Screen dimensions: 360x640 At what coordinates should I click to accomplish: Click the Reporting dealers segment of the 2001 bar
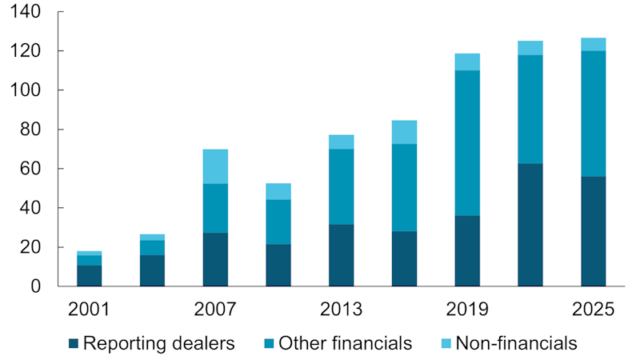(89, 275)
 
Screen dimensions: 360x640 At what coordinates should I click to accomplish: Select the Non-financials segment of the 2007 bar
(215, 166)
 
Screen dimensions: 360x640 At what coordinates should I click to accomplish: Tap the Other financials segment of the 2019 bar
(467, 143)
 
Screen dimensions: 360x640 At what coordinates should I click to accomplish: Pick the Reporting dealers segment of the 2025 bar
(593, 231)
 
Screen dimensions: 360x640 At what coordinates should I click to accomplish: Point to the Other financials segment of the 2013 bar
(341, 186)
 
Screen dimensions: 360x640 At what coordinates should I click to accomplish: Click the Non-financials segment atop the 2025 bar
(593, 44)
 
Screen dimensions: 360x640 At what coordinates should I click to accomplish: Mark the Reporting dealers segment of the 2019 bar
(467, 250)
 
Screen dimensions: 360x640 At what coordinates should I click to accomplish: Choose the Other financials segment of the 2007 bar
(215, 208)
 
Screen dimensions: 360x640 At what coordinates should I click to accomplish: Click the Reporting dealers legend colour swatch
(74, 344)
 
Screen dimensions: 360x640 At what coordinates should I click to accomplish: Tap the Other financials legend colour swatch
(269, 344)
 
